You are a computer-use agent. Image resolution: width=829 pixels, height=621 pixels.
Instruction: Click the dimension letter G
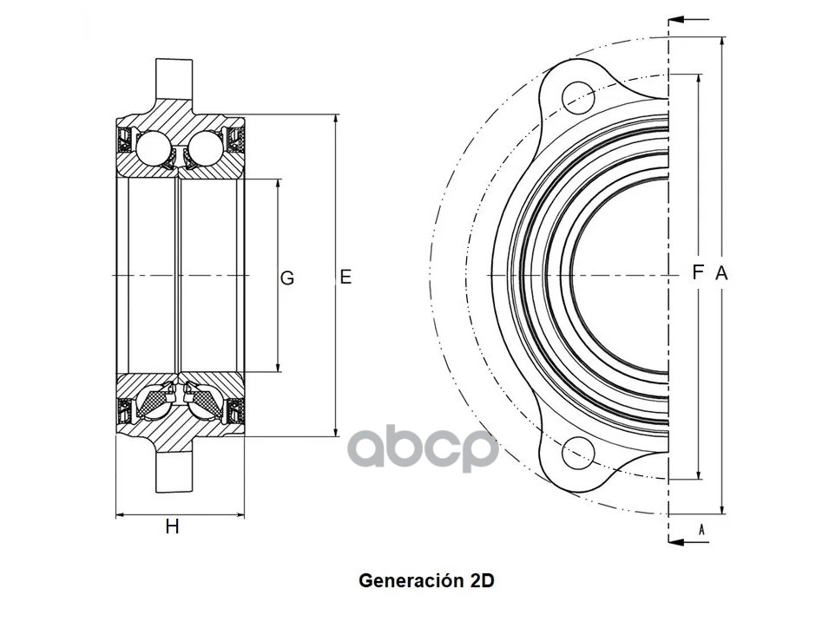[287, 278]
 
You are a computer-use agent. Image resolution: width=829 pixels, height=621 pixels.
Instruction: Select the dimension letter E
[345, 278]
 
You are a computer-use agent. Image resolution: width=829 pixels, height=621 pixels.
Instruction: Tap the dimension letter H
[173, 526]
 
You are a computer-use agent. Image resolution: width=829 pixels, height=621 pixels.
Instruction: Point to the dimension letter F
[697, 272]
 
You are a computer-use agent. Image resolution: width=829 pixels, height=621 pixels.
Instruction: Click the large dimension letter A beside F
[720, 273]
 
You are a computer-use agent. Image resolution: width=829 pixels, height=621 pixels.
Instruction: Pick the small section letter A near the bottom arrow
[701, 527]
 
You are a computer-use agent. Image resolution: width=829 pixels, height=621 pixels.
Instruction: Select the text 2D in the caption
[482, 580]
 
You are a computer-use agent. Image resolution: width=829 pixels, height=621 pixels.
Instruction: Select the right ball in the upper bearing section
[205, 147]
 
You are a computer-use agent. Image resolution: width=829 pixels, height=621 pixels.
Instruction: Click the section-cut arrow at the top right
[692, 18]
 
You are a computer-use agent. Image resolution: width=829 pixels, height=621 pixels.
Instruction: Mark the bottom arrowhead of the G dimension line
[278, 368]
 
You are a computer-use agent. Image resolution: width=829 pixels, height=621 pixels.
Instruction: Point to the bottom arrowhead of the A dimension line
[722, 507]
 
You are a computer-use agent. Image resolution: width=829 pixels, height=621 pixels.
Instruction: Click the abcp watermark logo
[423, 449]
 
